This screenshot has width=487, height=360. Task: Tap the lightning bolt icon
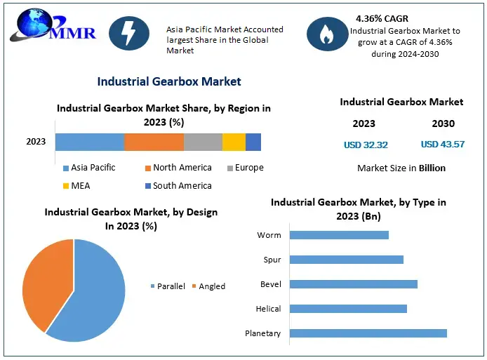(128, 32)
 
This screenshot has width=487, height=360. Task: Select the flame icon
(326, 33)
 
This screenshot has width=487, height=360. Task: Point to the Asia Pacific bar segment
(90, 142)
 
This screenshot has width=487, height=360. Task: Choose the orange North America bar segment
(154, 142)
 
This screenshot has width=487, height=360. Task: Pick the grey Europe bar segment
(203, 142)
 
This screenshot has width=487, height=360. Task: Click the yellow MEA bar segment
(234, 142)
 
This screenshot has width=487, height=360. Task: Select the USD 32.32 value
(366, 145)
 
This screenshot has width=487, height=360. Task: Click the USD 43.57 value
(443, 145)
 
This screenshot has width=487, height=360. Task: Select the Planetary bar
(368, 333)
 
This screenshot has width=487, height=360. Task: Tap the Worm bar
(339, 235)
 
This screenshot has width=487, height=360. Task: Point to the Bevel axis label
(270, 284)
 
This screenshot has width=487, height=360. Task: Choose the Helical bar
(348, 309)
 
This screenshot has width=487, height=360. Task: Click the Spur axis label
(272, 260)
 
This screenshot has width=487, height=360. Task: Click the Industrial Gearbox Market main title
(169, 81)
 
